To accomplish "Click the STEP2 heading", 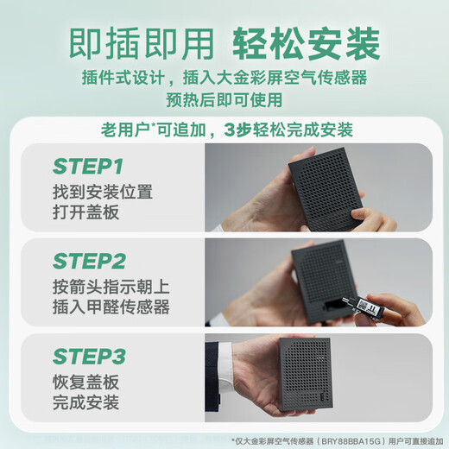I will [x=88, y=262].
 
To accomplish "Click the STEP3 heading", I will [x=88, y=357].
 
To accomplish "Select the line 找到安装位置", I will [x=104, y=191].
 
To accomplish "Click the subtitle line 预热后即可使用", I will [x=224, y=100].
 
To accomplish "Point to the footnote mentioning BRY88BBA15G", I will [x=336, y=439].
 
